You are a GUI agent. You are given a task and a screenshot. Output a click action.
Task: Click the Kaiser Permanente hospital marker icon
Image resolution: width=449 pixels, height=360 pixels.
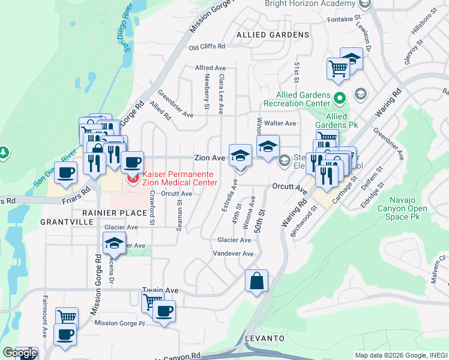(132, 179)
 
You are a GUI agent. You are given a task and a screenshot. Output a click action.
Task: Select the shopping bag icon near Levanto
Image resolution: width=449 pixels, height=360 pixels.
(256, 281)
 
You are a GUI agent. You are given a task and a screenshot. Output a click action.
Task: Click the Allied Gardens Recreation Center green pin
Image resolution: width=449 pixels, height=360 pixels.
(340, 97)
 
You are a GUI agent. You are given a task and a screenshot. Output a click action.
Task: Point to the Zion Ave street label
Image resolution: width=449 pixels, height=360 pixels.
(209, 158)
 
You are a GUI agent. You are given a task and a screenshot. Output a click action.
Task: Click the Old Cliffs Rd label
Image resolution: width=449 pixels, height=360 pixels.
(206, 46)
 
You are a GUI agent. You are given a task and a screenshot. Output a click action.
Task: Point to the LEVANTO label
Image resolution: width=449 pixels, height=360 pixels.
(264, 338)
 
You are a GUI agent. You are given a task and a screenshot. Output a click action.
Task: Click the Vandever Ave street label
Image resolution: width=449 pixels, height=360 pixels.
(234, 254)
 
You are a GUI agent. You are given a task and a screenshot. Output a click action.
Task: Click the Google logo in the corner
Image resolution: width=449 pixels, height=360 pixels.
(19, 353)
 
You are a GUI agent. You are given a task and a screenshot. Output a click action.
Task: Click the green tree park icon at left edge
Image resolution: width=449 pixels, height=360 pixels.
(4, 153)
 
